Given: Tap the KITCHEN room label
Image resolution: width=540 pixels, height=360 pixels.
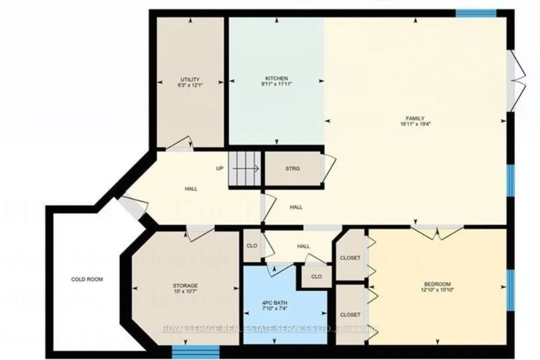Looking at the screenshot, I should tap(276, 78).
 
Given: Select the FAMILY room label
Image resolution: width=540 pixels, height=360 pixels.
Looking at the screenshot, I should tap(415, 118).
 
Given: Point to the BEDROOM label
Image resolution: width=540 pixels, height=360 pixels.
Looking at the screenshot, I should tap(437, 284).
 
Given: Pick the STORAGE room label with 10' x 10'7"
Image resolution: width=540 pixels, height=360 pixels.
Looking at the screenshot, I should tap(185, 286).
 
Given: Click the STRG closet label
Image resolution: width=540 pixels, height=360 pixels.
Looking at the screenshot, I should tap(292, 169).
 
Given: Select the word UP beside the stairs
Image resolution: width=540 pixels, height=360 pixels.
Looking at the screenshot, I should tap(219, 168).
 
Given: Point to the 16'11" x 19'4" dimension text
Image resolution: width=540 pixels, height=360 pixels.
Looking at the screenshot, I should tap(415, 124).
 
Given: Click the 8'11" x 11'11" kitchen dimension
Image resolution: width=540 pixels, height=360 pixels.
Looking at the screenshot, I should tap(276, 84).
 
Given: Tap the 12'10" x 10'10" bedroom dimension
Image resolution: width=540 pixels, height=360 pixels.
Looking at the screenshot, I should tap(437, 290).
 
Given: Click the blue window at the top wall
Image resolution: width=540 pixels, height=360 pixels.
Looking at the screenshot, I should tap(476, 12).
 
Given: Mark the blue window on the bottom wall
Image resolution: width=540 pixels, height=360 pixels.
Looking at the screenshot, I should tap(196, 351).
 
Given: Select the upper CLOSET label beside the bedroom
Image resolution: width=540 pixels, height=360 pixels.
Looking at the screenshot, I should tap(350, 258).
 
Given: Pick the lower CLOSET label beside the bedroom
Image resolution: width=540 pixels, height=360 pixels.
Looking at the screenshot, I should tap(350, 314).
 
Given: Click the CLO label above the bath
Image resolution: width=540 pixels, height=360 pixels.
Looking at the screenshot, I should tap(316, 277).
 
